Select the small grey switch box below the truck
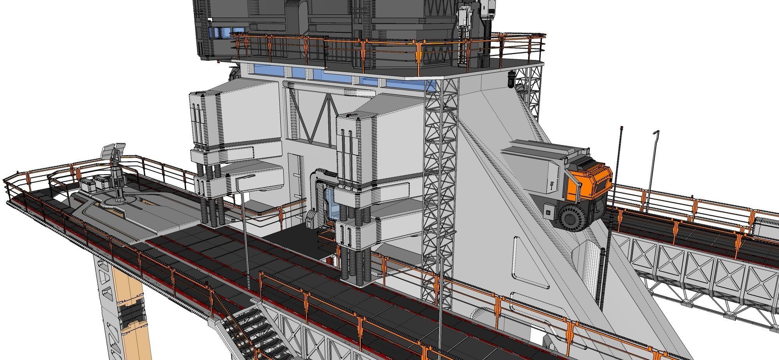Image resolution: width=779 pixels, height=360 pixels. click(549, 211)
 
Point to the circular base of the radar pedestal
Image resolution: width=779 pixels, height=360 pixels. click(117, 199)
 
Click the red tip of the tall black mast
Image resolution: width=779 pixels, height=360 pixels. click(621, 127)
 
